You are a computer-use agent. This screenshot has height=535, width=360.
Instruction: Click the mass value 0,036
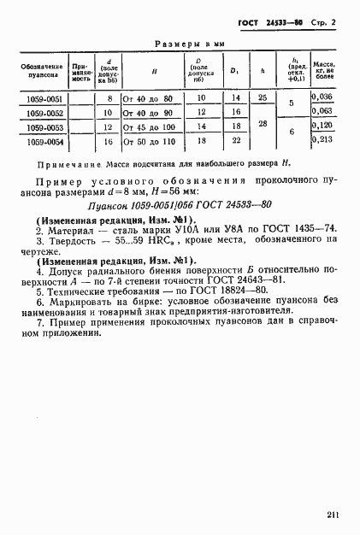click(323, 97)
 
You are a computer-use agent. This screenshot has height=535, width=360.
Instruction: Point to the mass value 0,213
click(323, 138)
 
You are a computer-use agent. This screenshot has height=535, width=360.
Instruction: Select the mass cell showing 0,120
click(323, 125)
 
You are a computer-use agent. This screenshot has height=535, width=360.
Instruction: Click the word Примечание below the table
click(68, 163)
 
